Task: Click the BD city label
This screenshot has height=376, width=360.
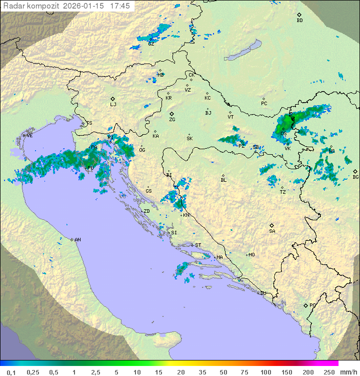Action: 299,21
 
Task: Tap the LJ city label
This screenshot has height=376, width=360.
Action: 113,104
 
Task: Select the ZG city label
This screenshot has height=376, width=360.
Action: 172,120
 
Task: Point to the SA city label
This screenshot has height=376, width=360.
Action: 272,231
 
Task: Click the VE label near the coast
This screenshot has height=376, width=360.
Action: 29,136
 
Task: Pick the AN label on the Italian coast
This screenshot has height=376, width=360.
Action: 77,240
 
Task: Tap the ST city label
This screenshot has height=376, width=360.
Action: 198,245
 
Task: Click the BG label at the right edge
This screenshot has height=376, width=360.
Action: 355,177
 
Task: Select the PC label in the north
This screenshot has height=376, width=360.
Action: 264,104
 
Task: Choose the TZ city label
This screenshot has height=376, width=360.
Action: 282,192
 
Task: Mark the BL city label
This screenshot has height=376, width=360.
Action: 223,180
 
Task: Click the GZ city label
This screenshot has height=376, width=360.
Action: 150,44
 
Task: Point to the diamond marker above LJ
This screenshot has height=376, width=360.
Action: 113,99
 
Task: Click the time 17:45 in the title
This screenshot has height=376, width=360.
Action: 120,6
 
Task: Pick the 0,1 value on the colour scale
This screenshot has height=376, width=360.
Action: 11,372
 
